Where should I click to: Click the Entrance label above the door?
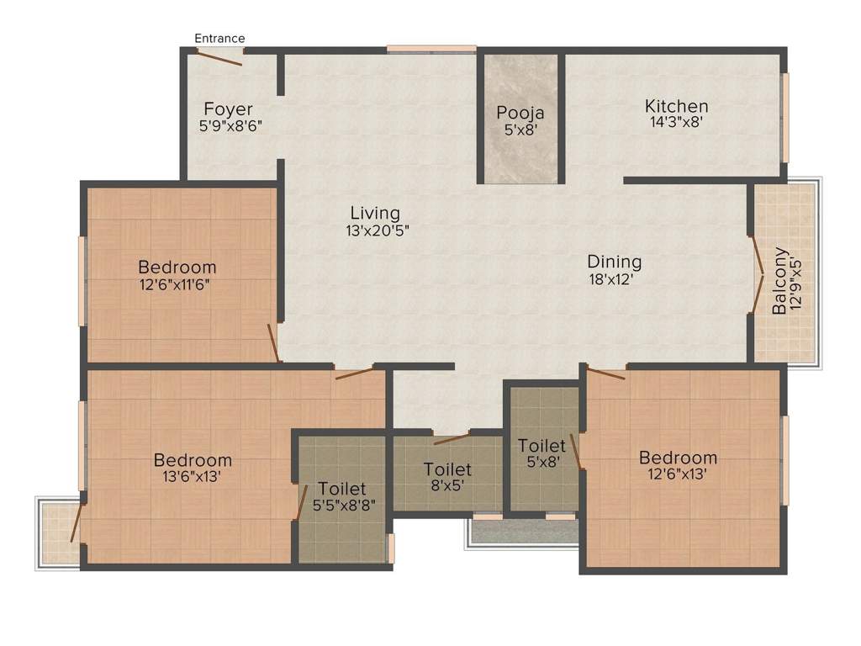(x=219, y=38)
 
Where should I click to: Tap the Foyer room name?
(x=228, y=109)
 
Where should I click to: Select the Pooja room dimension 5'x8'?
(x=520, y=130)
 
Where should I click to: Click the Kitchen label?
(x=676, y=106)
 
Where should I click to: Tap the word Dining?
(x=614, y=262)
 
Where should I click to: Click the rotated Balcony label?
(x=780, y=280)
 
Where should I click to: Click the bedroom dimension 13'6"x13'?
(x=193, y=477)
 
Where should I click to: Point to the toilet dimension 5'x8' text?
(x=541, y=462)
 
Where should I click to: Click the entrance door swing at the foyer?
(x=219, y=57)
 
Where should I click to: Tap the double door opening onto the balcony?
(x=757, y=274)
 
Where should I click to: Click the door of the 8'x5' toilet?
(x=452, y=438)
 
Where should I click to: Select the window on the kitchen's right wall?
(x=786, y=117)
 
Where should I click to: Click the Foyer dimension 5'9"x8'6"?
(x=230, y=126)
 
